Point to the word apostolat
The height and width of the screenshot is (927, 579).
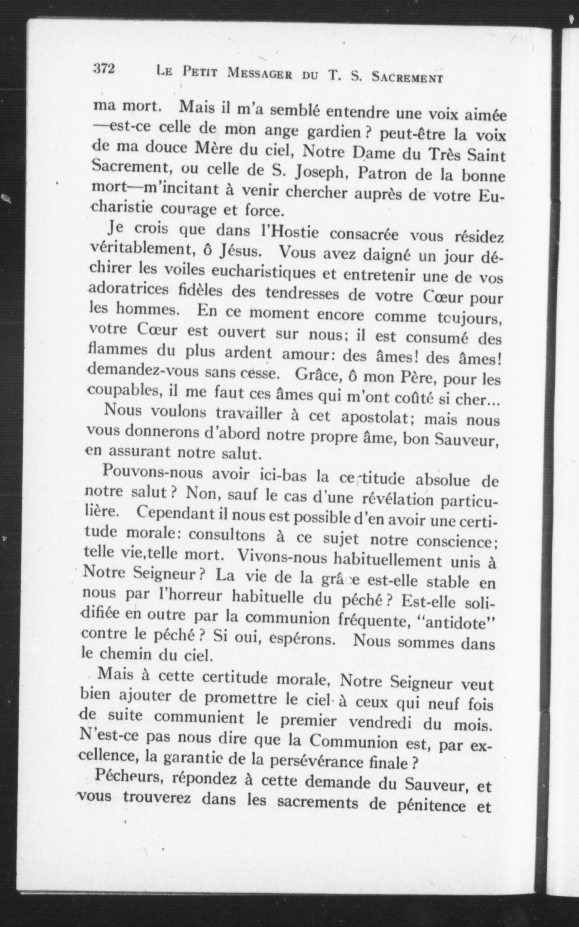(374, 418)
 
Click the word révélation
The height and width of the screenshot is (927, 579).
(396, 499)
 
